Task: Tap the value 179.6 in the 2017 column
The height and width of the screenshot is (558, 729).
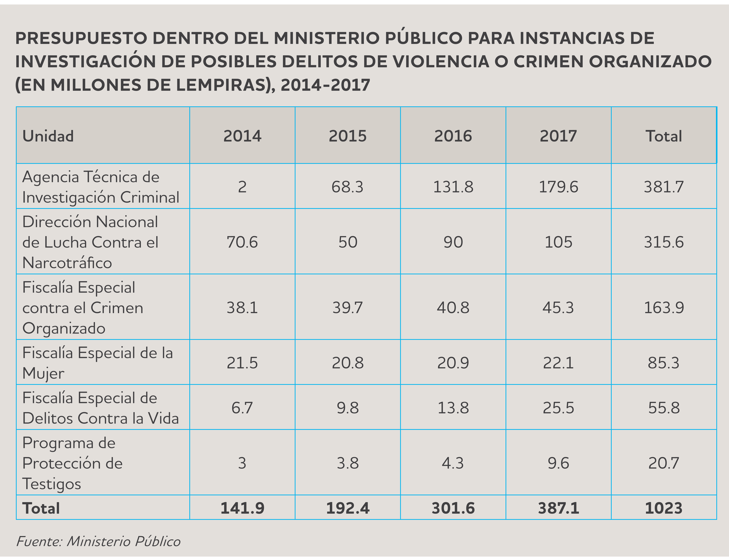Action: click(558, 187)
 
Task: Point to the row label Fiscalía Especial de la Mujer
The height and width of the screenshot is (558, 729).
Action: click(98, 363)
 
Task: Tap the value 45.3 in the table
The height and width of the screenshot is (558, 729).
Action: click(558, 308)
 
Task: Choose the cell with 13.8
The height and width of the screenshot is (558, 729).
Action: click(453, 408)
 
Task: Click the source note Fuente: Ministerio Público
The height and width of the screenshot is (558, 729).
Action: click(98, 541)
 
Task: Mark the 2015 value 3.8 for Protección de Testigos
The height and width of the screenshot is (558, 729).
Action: click(348, 463)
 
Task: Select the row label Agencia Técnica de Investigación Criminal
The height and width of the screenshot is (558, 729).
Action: click(101, 187)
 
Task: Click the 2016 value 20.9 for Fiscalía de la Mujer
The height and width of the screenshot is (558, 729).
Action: click(453, 363)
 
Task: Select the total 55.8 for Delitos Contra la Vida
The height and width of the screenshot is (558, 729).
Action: click(664, 408)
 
